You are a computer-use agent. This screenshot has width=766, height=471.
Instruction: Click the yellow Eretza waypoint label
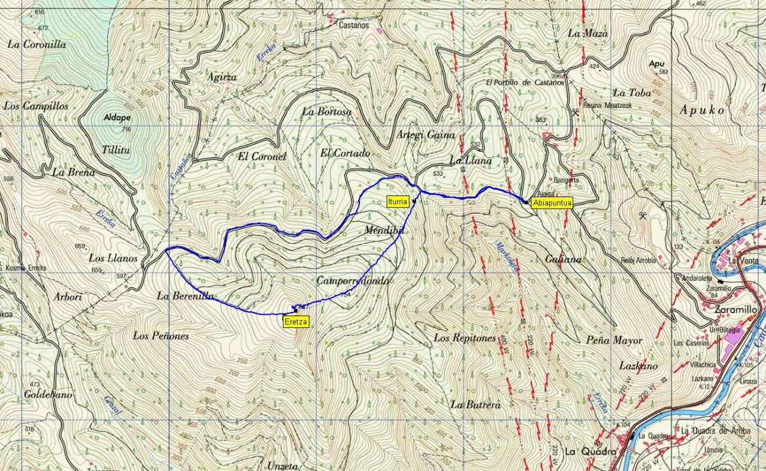[x=296, y=322]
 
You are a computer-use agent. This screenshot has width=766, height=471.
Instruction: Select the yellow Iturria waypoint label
[x=397, y=202]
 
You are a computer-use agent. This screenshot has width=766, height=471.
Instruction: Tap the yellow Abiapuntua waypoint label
[x=552, y=202]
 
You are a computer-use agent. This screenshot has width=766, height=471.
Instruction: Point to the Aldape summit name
[x=117, y=118]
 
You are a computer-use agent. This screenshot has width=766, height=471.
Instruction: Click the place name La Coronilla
[x=36, y=45]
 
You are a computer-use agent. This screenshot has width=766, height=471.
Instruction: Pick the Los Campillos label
[x=36, y=106]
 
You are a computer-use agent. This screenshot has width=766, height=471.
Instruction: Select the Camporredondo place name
[x=352, y=281]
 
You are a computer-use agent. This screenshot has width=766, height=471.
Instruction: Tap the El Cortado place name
[x=345, y=153]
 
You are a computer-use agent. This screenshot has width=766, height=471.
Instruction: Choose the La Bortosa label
[x=327, y=112]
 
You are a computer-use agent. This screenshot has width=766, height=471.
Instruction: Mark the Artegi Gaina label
[x=425, y=135]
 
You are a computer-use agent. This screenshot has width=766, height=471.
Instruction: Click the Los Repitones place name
[x=465, y=338]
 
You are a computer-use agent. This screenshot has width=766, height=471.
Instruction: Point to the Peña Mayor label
[x=614, y=340]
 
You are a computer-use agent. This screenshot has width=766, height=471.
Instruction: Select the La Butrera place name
[x=474, y=404]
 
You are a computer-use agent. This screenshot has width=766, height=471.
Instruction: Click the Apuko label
[x=702, y=110]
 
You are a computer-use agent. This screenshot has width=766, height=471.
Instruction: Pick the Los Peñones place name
[x=161, y=335]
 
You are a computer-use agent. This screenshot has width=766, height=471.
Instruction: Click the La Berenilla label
[x=185, y=296]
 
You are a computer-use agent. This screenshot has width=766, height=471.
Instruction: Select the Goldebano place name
[x=48, y=395]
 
